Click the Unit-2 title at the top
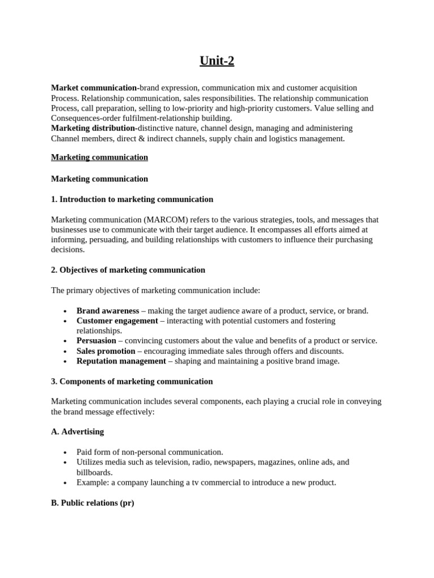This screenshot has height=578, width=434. coord(216,61)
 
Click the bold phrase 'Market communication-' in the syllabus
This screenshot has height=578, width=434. coord(95,87)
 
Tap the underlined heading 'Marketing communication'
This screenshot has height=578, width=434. coord(99,157)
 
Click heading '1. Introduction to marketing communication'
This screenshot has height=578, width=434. coord(132,199)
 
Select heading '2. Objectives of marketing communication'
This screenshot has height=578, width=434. coord(128,270)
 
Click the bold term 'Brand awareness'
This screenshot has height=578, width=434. coord(107,310)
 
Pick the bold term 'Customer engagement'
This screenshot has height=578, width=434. coord(117,321)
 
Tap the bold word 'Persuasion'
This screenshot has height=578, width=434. coord(96,341)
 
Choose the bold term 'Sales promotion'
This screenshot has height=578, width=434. coord(106,351)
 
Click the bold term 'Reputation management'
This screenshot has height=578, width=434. coord(121,361)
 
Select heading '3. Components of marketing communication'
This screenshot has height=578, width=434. coord(132,382)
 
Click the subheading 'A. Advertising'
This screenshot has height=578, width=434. coord(77,432)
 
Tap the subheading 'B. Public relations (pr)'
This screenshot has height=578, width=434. coord(93,503)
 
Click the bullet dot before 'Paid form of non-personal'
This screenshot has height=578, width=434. coord(66,453)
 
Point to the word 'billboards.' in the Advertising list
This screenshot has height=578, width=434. coord(94,472)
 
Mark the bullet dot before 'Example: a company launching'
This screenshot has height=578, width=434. coord(66,483)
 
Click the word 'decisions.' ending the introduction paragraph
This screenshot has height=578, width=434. coord(68,249)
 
